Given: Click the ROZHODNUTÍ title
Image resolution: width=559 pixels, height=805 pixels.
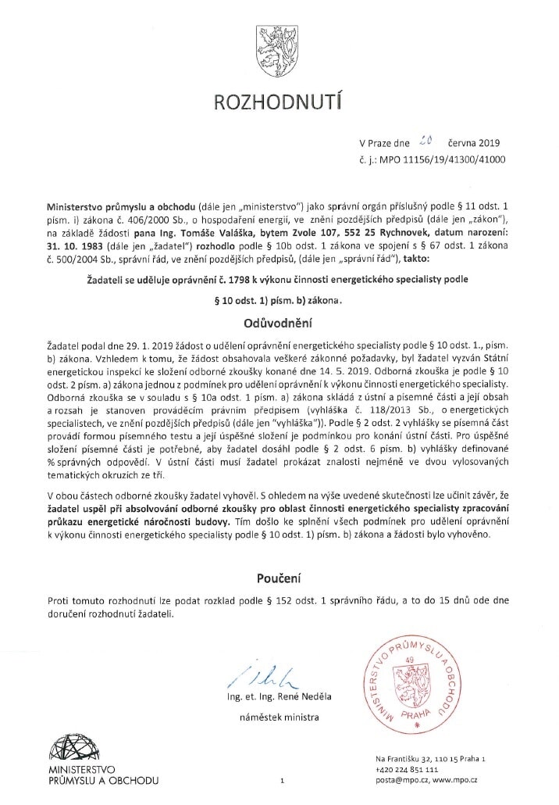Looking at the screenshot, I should (279, 101).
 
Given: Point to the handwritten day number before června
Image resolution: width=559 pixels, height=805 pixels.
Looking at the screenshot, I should (423, 141).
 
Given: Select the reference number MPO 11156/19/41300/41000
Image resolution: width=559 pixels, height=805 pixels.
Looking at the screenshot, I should (454, 159).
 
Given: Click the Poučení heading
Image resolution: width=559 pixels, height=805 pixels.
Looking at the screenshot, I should (279, 578).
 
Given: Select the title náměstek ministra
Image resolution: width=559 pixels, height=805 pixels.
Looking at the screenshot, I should (279, 716).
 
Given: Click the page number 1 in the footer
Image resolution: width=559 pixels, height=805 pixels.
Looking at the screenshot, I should (280, 780).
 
